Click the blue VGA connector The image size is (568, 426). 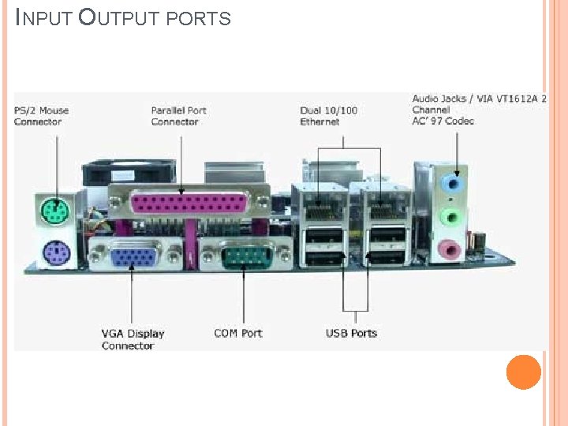click(x=133, y=256)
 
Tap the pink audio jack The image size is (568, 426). click(x=450, y=250)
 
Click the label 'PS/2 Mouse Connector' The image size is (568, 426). click(x=42, y=116)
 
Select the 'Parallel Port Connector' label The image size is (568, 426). click(x=179, y=116)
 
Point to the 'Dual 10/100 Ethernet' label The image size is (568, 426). click(x=329, y=116)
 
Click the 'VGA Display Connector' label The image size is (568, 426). click(x=133, y=339)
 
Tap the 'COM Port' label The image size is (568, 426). click(x=238, y=333)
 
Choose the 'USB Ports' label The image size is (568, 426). click(x=352, y=333)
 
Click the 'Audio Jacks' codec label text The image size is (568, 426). click(x=480, y=110)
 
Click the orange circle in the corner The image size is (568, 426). click(x=523, y=372)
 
